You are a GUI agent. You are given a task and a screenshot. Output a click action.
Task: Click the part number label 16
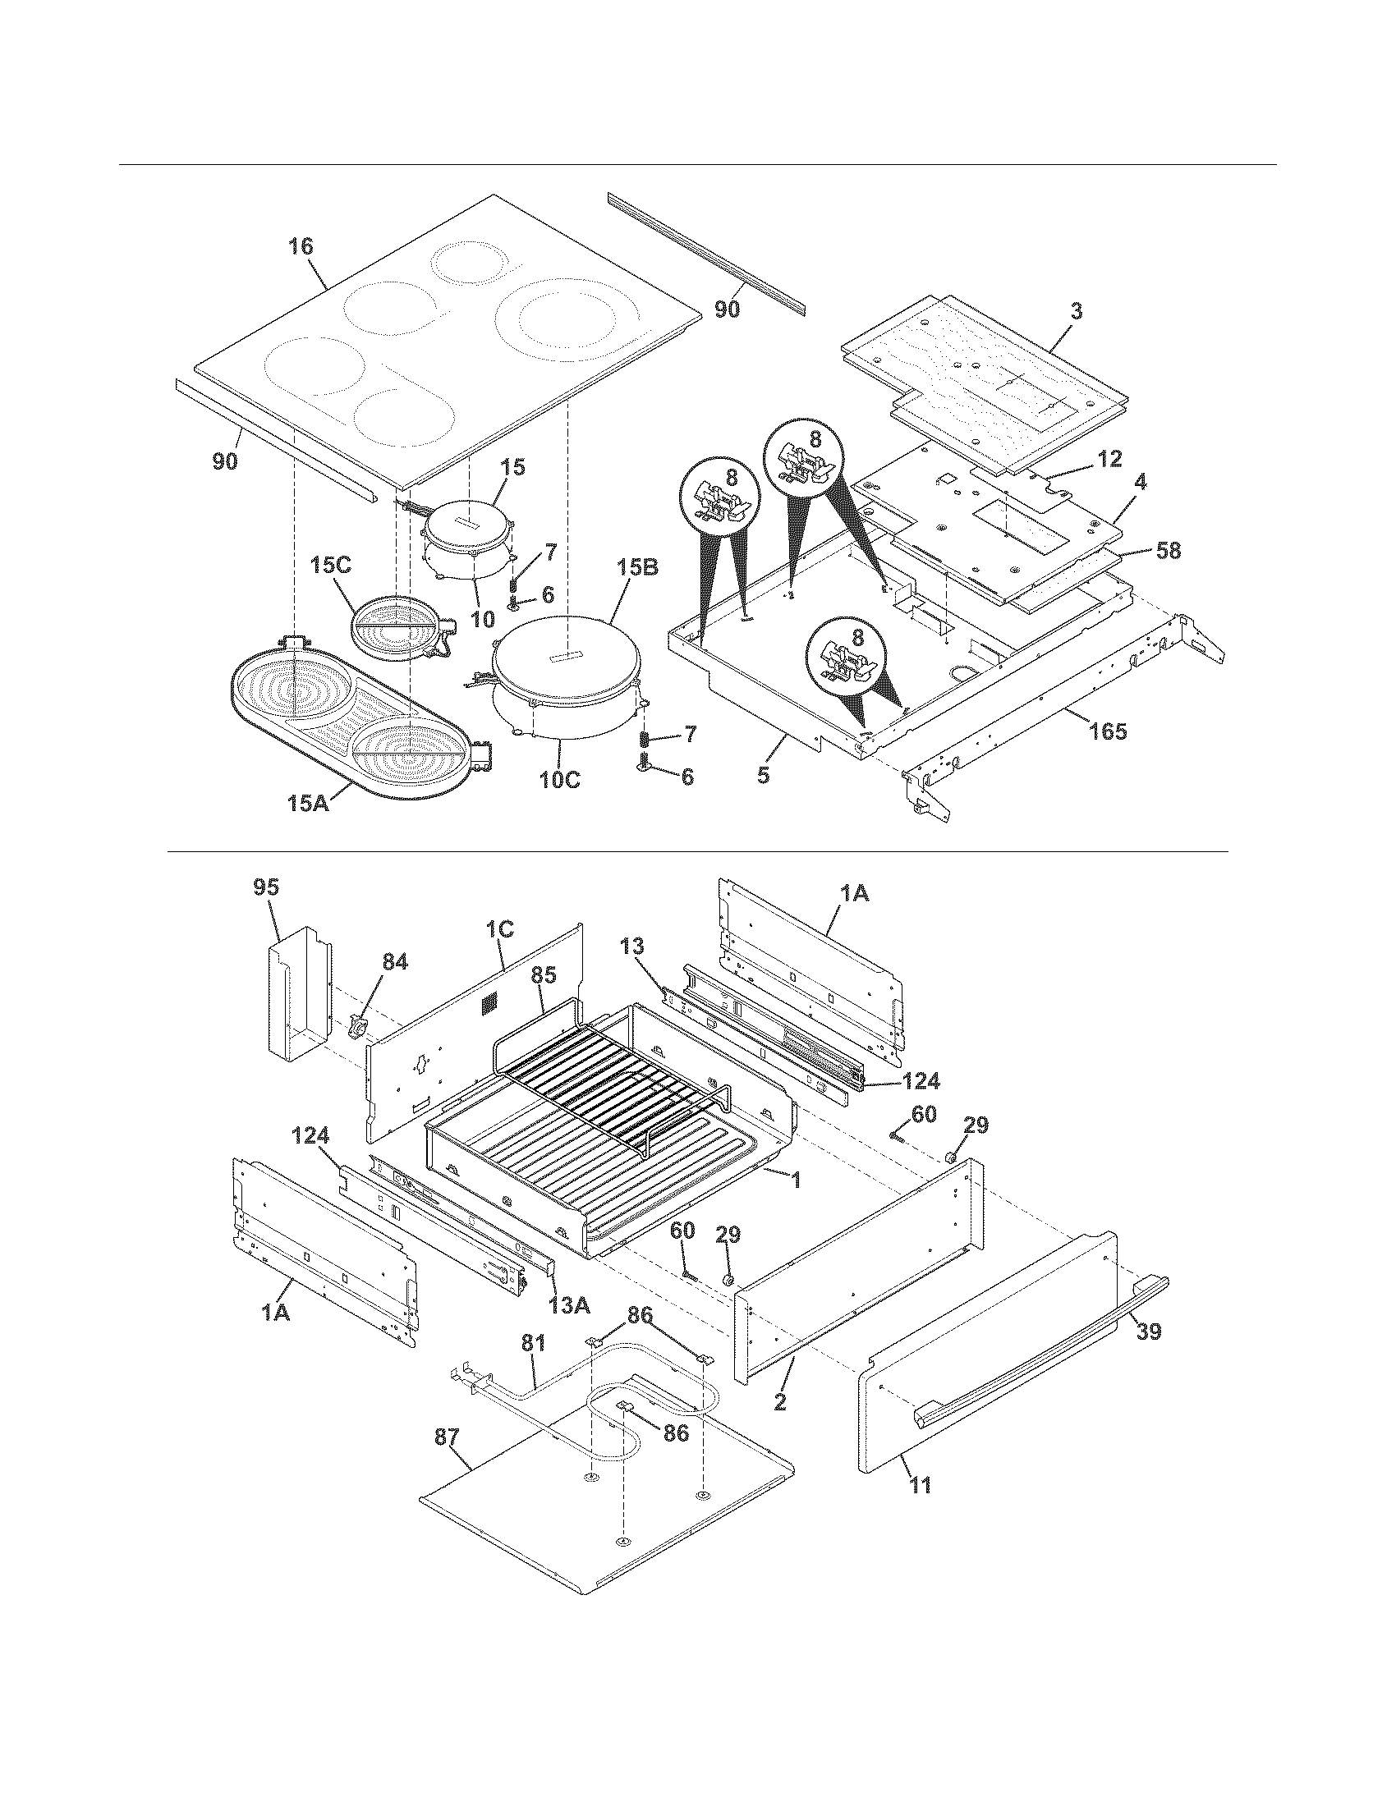[x=301, y=245]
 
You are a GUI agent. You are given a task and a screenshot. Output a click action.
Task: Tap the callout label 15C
[x=331, y=565]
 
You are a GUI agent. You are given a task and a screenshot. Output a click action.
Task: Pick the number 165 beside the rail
[x=1108, y=731]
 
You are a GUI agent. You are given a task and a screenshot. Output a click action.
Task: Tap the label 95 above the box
[x=266, y=887]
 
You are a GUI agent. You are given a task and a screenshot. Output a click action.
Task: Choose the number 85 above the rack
[x=543, y=975]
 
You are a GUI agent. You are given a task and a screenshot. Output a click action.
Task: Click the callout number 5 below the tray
[x=764, y=775]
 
